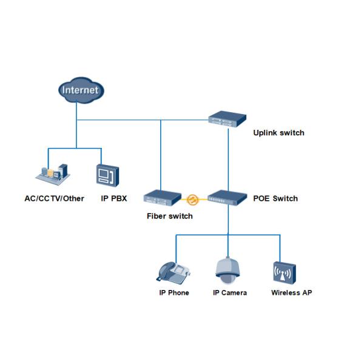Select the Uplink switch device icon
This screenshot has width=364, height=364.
(x=228, y=120)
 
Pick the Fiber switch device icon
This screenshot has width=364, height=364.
(x=162, y=198)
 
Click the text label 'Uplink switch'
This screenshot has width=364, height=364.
(x=278, y=133)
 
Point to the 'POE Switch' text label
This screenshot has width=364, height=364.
(x=275, y=198)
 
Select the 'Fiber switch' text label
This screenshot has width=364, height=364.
(x=170, y=216)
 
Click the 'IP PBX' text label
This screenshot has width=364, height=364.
(x=113, y=198)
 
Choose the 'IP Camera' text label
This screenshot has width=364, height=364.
(x=229, y=293)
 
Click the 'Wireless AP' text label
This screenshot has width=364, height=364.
(x=291, y=293)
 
